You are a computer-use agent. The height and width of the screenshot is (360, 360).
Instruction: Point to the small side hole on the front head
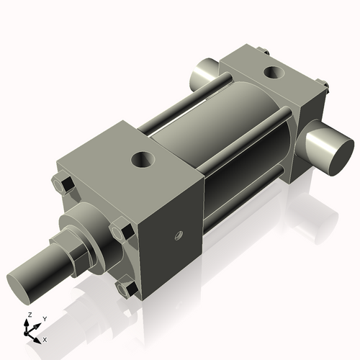tap(177, 234)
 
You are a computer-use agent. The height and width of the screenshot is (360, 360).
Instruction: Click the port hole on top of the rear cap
tap(274, 72)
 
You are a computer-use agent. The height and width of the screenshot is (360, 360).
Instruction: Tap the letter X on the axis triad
tap(45, 338)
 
